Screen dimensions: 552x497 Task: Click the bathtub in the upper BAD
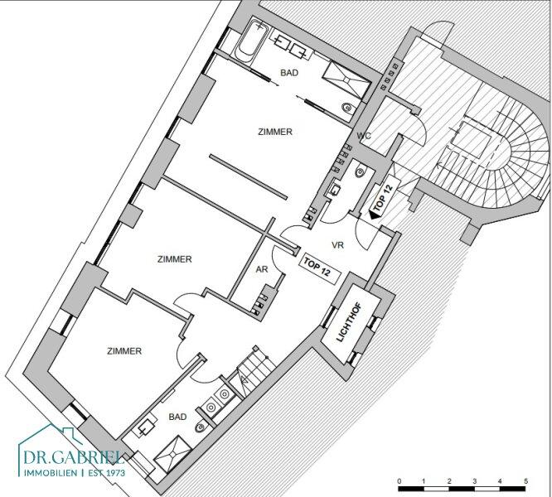pyautogui.click(x=250, y=42)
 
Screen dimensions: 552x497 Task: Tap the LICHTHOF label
pyautogui.click(x=349, y=322)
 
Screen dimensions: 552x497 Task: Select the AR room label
pyautogui.click(x=262, y=269)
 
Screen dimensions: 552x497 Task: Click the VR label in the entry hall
pyautogui.click(x=337, y=245)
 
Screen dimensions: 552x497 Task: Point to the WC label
pyautogui.click(x=363, y=136)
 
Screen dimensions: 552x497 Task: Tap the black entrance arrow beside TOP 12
pyautogui.click(x=375, y=215)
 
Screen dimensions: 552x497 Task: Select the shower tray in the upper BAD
pyautogui.click(x=346, y=80)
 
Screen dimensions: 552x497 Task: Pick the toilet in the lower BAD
pyautogui.click(x=200, y=427)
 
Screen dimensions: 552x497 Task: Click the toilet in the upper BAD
pyautogui.click(x=347, y=108)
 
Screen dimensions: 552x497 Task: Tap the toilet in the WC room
pyautogui.click(x=360, y=171)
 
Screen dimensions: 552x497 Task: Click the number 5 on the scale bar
pyautogui.click(x=526, y=480)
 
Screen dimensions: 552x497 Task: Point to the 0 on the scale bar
pyautogui.click(x=399, y=480)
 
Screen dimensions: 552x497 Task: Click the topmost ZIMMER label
pyautogui.click(x=275, y=132)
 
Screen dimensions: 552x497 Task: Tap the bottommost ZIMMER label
pyautogui.click(x=124, y=351)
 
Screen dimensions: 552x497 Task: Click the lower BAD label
pyautogui.click(x=177, y=417)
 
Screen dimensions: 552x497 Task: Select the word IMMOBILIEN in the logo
pyautogui.click(x=50, y=473)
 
